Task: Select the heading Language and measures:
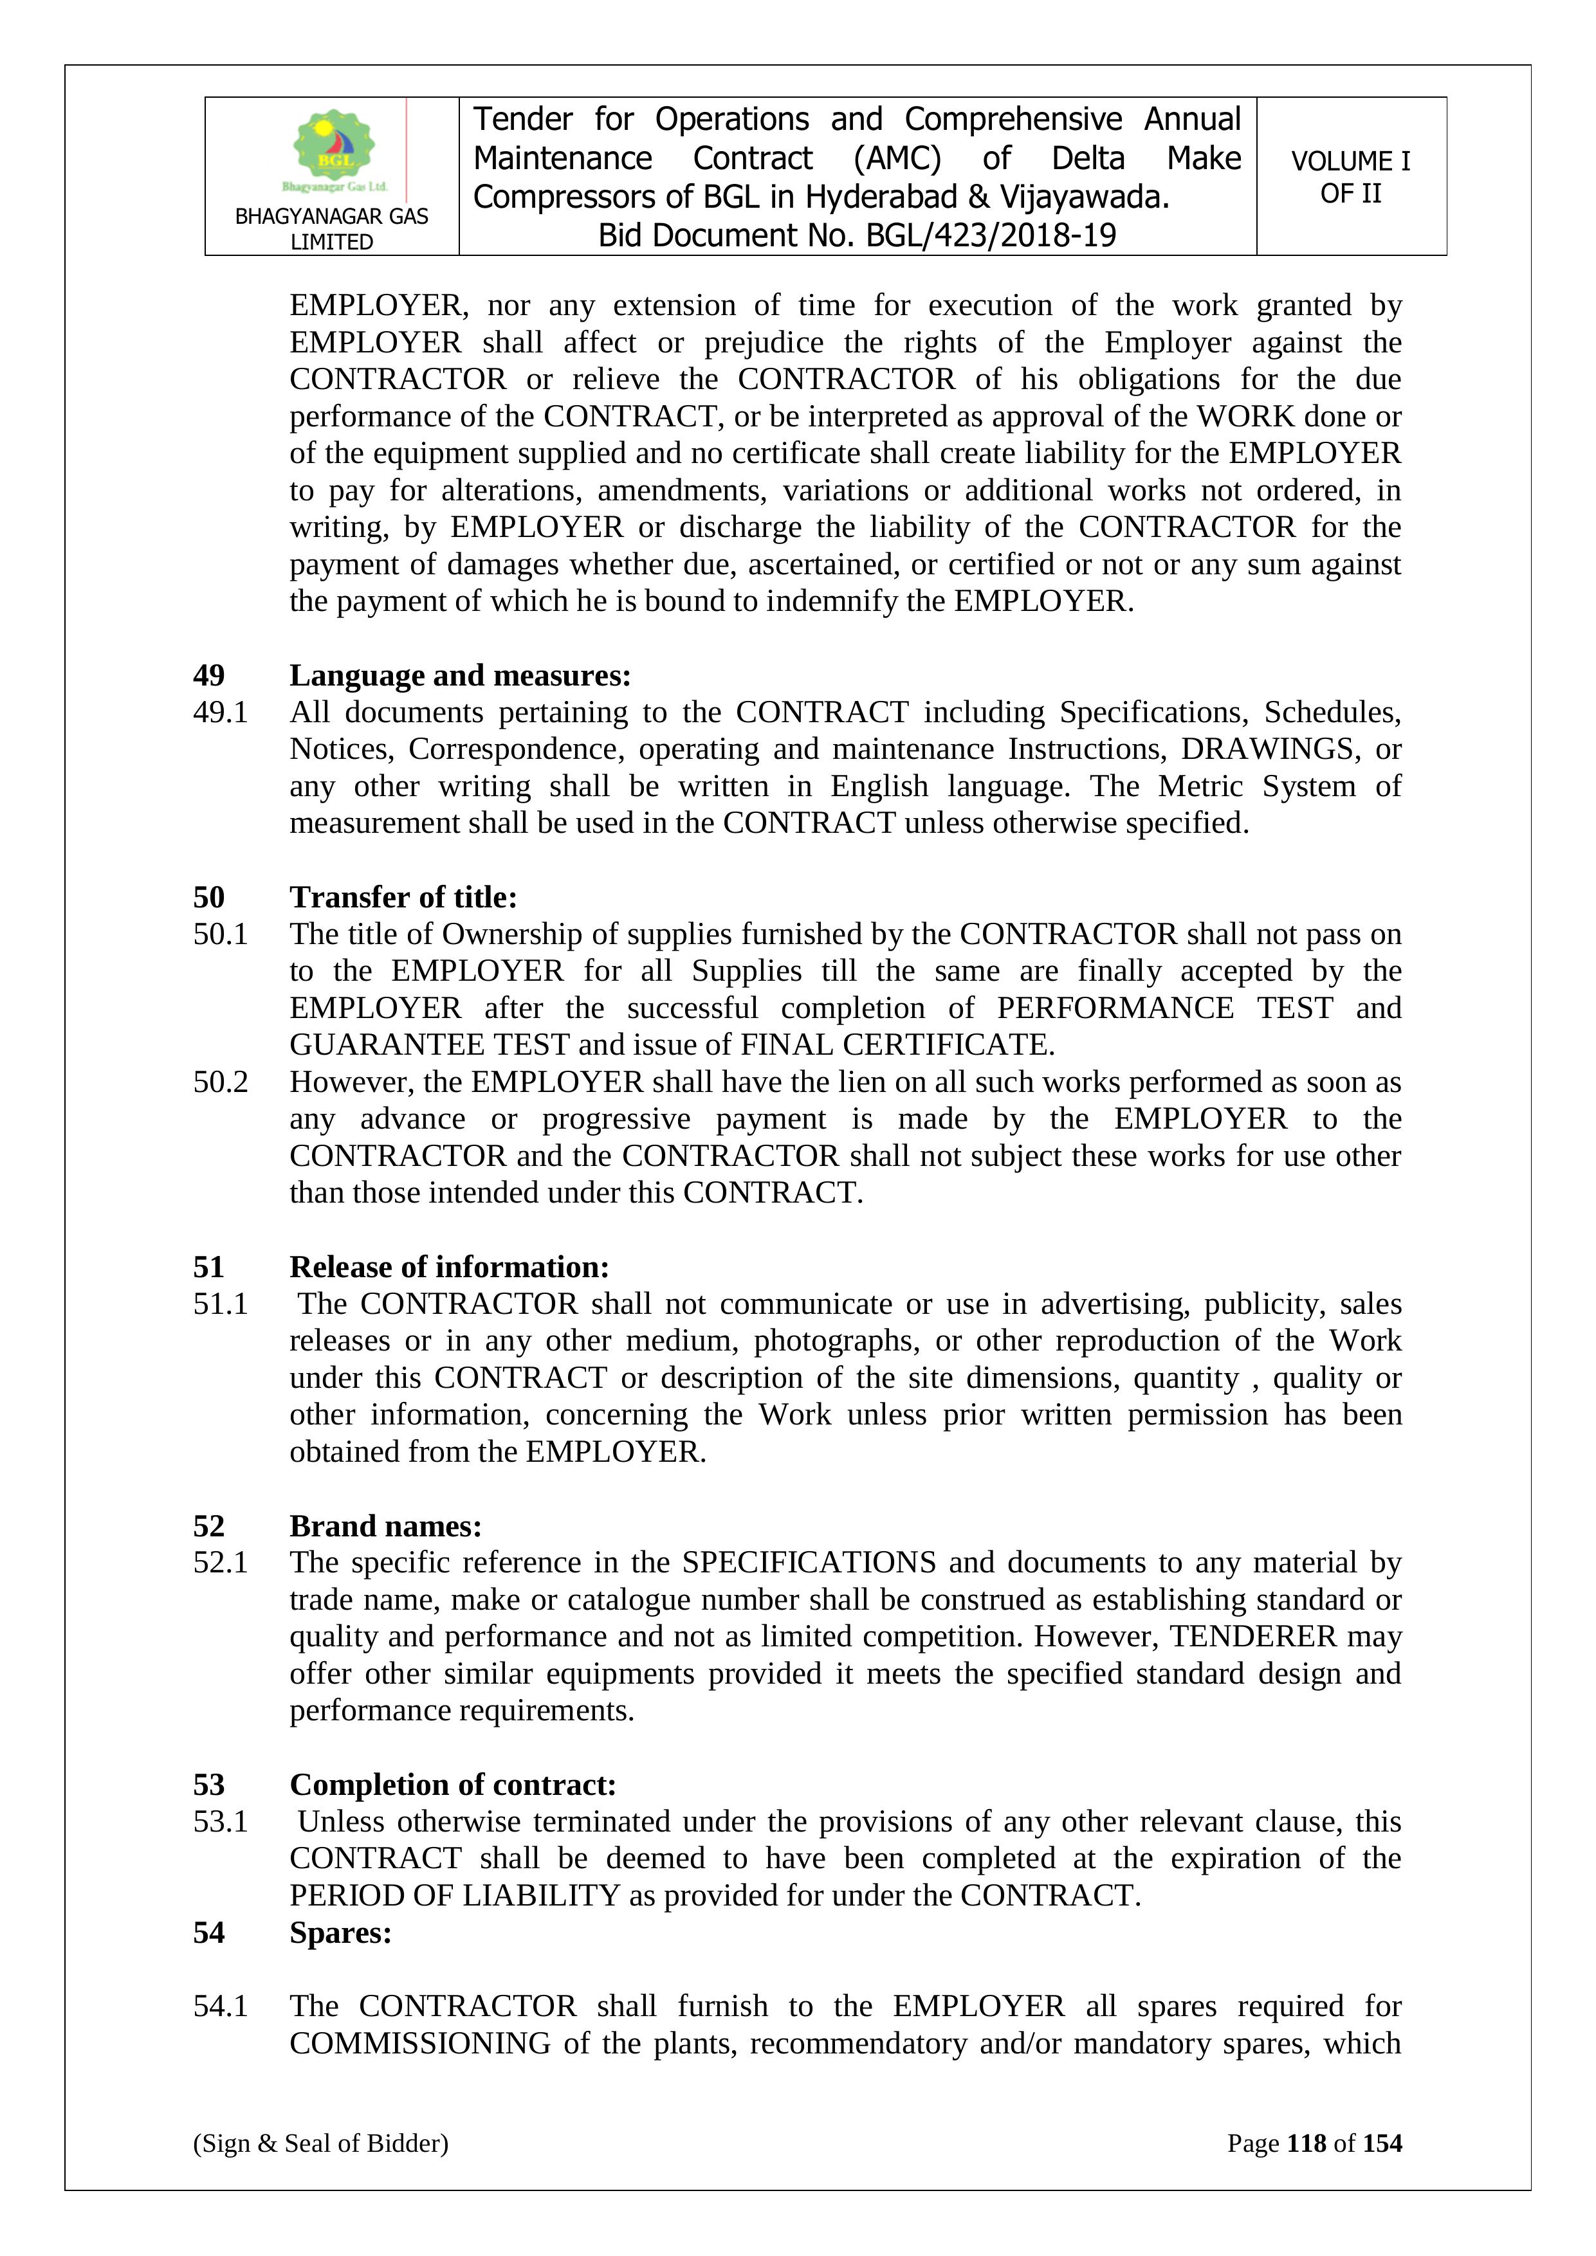tap(460, 675)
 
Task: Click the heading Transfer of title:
tap(403, 897)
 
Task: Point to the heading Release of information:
tap(449, 1266)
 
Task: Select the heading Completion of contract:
tap(453, 1785)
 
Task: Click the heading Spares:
tap(340, 1932)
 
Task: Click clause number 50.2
tap(220, 1082)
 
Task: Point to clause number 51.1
tap(220, 1304)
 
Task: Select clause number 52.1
tap(220, 1562)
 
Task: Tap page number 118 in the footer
tap(1306, 2143)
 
